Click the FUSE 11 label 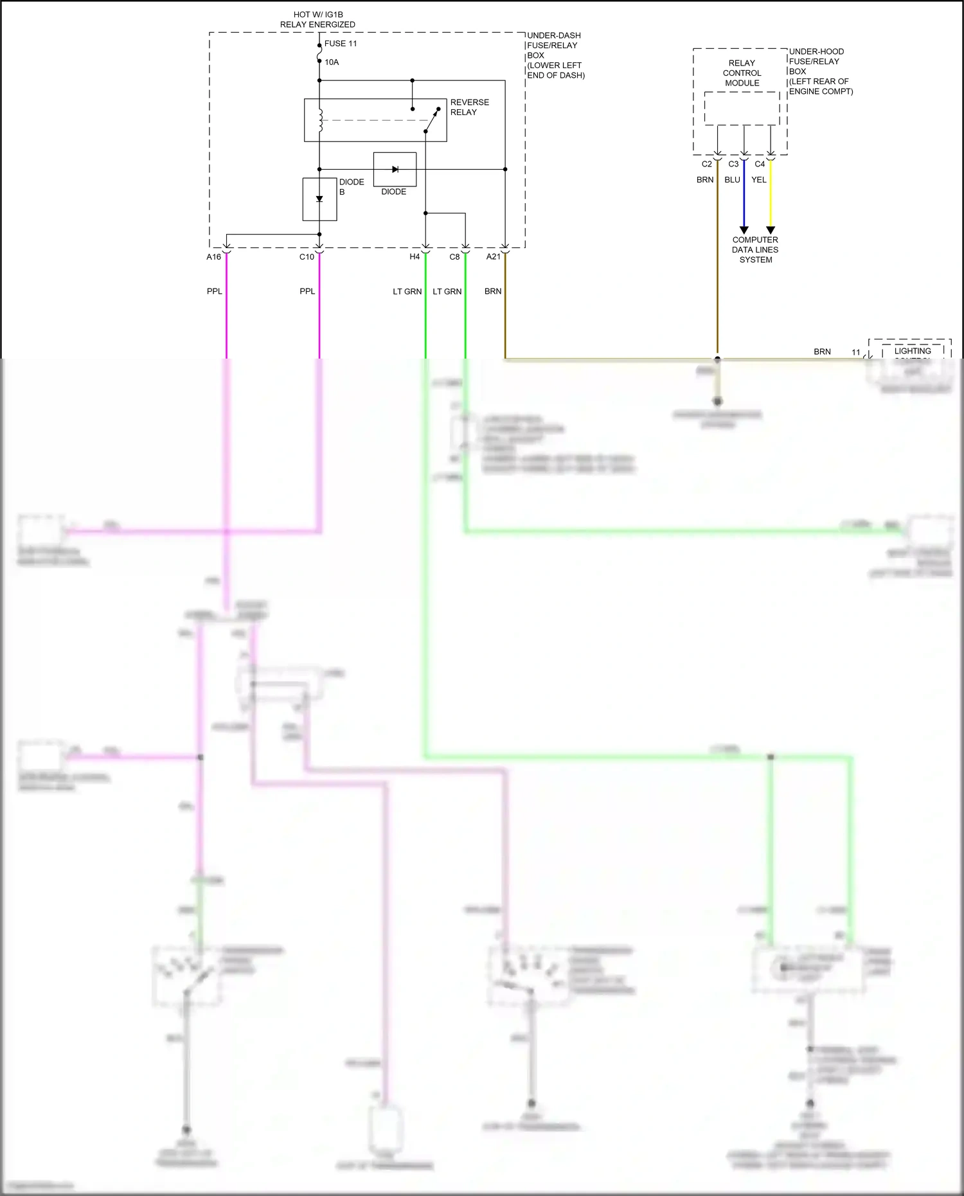click(340, 44)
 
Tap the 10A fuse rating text click(332, 62)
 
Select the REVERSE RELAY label click(469, 107)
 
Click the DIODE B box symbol click(319, 199)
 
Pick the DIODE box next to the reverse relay click(395, 169)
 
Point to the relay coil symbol click(320, 121)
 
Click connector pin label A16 click(214, 257)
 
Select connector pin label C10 click(307, 257)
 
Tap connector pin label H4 click(415, 257)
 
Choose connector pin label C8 click(454, 257)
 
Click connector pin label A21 click(493, 257)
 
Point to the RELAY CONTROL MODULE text click(742, 73)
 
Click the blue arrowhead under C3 click(744, 230)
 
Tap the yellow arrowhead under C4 click(771, 230)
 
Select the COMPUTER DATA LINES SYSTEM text click(755, 250)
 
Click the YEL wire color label click(759, 180)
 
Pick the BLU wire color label click(732, 180)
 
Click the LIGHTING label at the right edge click(912, 351)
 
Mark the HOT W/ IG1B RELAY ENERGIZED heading click(317, 19)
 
